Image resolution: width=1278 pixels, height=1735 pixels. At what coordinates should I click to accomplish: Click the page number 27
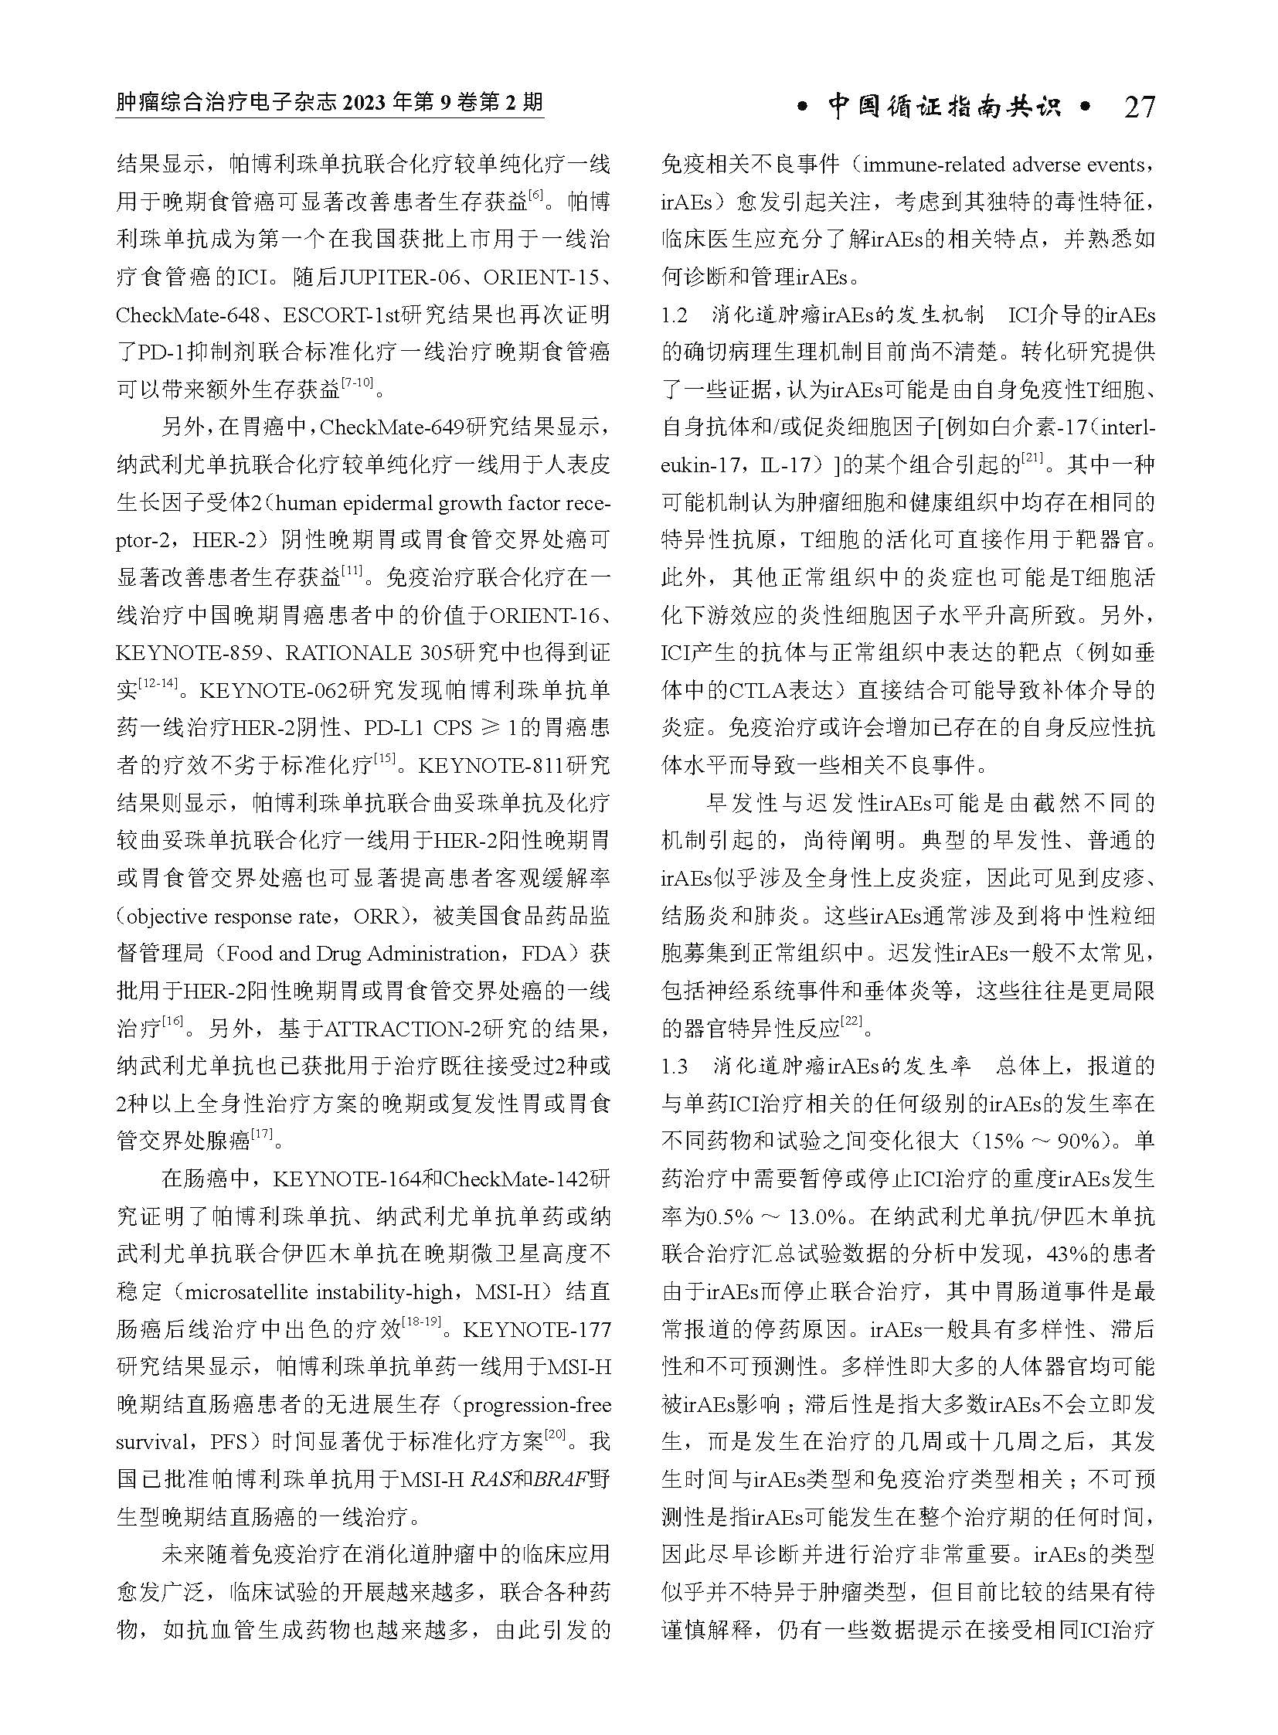1139,106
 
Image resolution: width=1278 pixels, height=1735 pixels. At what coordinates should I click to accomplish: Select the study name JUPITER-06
403,277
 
